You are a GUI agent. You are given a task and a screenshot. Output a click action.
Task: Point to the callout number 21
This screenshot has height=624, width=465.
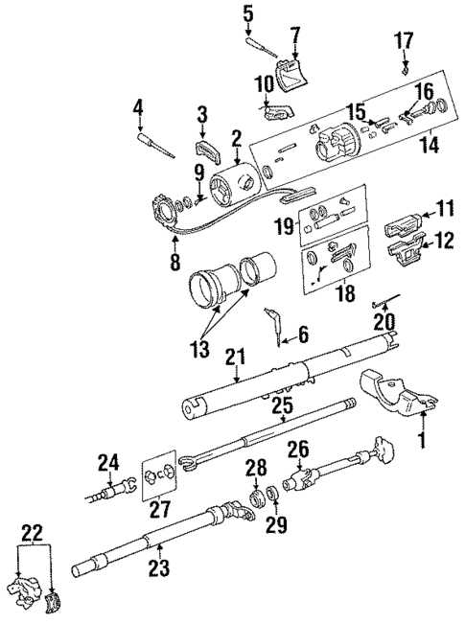point(231,358)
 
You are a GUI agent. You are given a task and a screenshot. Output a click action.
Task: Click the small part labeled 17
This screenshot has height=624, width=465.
point(406,68)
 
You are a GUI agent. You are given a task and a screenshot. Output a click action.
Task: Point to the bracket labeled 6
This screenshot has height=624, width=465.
point(277,326)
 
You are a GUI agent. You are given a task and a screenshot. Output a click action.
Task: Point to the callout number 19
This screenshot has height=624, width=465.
point(282,227)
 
